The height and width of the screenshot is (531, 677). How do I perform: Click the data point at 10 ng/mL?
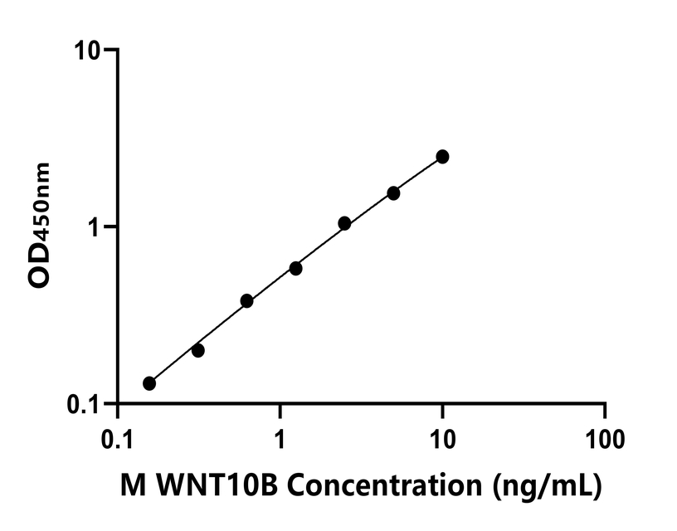point(442,157)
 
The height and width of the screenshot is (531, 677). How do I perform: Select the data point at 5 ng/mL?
point(393,193)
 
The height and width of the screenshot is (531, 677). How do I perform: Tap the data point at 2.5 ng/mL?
point(344,224)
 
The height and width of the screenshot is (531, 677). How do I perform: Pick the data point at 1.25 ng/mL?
point(295,269)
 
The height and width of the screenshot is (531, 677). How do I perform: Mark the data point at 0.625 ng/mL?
point(246,300)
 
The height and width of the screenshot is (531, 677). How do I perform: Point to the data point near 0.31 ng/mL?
point(197,350)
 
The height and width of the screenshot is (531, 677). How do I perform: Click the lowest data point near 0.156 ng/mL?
point(149,383)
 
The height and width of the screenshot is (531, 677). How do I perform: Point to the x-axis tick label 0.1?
point(117,436)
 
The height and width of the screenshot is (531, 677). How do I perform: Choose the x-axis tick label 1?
point(280,436)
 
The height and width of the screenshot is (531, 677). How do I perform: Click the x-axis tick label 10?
point(442,436)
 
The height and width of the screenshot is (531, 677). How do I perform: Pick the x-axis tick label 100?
point(604,436)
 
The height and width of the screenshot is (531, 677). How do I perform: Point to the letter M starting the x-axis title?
point(133,482)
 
